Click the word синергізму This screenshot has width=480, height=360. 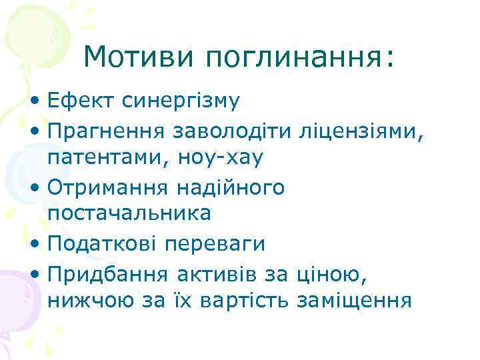pyautogui.click(x=181, y=101)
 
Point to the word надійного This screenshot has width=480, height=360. pyautogui.click(x=231, y=187)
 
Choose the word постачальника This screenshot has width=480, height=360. pyautogui.click(x=130, y=215)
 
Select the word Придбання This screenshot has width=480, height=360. pyautogui.click(x=109, y=273)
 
